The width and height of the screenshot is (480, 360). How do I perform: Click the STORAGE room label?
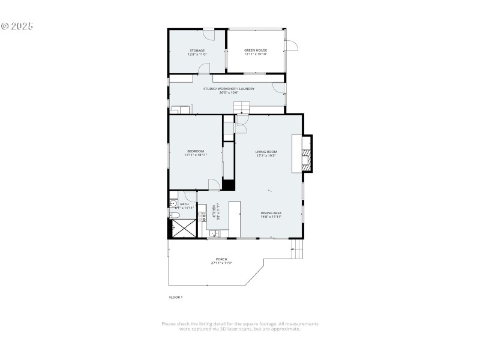197,50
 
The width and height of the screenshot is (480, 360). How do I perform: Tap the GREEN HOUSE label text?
256,50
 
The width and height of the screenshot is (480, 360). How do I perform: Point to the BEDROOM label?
196,151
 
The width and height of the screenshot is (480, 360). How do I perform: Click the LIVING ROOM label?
265,152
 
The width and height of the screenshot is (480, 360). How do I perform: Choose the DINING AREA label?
271,213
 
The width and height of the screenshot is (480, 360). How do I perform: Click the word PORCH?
221,259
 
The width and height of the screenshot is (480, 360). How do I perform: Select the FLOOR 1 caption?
175,297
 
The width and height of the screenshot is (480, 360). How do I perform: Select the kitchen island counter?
234,218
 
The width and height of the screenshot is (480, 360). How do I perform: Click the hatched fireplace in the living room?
307,154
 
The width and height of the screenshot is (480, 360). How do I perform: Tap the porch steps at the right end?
296,250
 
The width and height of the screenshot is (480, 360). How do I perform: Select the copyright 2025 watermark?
17,26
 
